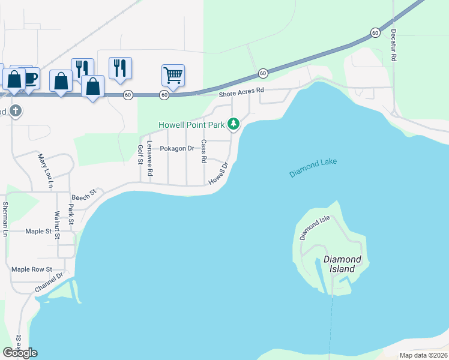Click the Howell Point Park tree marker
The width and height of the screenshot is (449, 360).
pyautogui.click(x=234, y=124)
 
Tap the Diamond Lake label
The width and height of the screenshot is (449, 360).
pyautogui.click(x=313, y=168)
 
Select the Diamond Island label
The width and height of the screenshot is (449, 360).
pyautogui.click(x=343, y=264)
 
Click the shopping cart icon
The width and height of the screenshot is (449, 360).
pyautogui.click(x=173, y=76)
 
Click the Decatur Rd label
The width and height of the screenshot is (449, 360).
pyautogui.click(x=394, y=44)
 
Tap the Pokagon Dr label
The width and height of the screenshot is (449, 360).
pyautogui.click(x=177, y=148)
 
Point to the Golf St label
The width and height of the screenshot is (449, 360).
pyautogui.click(x=140, y=154)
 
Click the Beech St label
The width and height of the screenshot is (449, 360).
pyautogui.click(x=84, y=196)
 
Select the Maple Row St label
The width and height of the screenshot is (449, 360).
pyautogui.click(x=32, y=269)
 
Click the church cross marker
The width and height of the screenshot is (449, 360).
pyautogui.click(x=16, y=111)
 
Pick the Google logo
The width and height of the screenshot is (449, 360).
pyautogui.click(x=20, y=352)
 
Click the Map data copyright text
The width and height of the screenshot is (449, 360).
pyautogui.click(x=424, y=355)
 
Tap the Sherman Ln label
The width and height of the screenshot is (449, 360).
pyautogui.click(x=5, y=219)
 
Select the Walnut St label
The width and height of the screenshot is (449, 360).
pyautogui.click(x=57, y=225)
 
